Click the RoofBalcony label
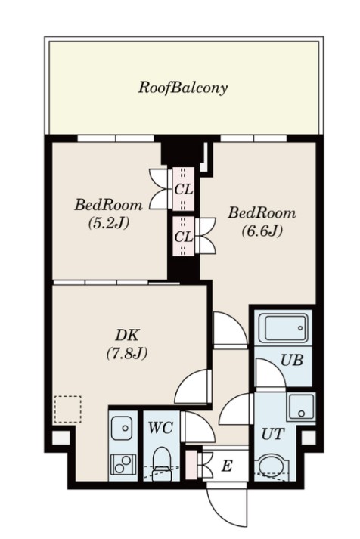pos(182,88)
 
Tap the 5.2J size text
pos(109,223)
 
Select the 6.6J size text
pos(262,231)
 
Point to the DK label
pos(127,335)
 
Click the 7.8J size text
pos(127,353)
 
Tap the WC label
pos(160,428)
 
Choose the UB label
pos(292,360)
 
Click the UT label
pos(273,435)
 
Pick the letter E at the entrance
pos(226,466)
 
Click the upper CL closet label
pos(184,190)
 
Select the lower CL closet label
pos(184,237)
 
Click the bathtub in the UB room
pos(283,328)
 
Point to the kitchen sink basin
pos(122,429)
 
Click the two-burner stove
pos(123,464)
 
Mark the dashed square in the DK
pos(68,409)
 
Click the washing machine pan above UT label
pos(302,406)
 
